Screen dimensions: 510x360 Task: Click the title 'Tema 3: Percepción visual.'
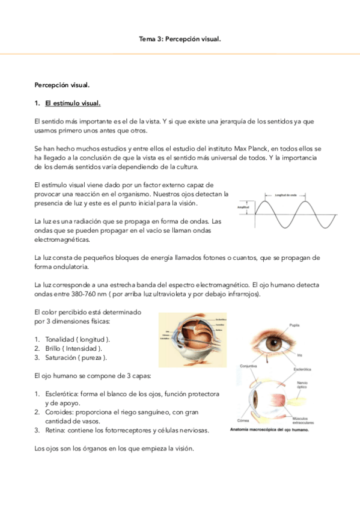click(180, 40)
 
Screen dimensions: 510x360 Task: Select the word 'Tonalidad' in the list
click(63, 339)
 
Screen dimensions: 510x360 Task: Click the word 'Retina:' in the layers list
click(55, 431)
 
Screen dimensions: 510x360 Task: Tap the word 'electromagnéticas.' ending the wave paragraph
click(62, 239)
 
